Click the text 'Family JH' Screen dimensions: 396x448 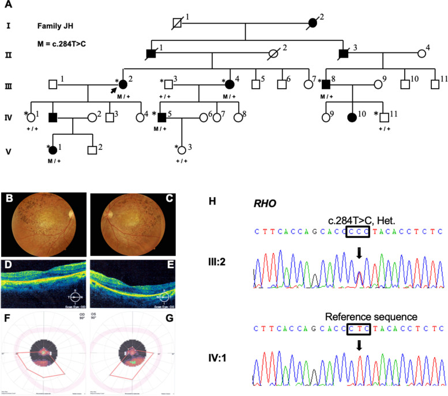click(55, 26)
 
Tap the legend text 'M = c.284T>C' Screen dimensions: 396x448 click(62, 44)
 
